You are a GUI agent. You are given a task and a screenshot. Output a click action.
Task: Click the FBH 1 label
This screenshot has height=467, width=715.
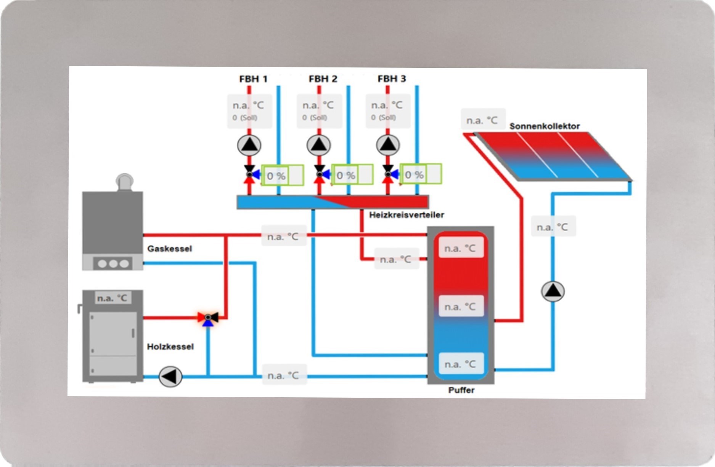253,79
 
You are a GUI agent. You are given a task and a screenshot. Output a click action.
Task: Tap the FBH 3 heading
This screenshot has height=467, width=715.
392,79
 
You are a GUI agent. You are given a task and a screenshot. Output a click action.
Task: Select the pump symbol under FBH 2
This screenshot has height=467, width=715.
319,145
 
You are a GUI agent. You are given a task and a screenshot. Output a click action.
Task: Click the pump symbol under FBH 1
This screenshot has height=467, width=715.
249,145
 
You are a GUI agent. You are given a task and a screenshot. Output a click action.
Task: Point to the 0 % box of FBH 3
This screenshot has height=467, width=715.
414,175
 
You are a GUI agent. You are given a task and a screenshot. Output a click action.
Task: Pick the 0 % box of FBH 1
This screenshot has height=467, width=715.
276,176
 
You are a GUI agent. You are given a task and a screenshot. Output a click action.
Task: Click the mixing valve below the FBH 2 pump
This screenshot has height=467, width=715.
320,174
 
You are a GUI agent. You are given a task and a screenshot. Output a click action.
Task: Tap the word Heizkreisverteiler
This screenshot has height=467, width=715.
407,215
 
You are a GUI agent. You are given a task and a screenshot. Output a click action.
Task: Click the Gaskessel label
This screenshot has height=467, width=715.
170,249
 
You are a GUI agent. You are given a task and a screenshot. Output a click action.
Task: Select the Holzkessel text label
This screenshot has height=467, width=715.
170,347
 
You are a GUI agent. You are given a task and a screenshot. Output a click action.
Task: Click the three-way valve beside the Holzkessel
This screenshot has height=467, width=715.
208,317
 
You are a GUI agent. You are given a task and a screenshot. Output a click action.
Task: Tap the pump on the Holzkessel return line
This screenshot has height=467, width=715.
170,376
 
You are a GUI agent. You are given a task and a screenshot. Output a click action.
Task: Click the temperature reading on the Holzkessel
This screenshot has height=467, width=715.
112,298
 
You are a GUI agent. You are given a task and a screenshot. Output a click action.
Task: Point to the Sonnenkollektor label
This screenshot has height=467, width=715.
545,126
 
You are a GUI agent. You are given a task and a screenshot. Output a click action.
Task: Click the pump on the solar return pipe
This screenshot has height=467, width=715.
553,291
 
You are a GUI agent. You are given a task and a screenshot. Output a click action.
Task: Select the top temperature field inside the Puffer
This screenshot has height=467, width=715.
460,248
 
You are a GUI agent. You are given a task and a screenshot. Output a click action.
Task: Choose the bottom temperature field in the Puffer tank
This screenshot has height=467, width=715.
460,364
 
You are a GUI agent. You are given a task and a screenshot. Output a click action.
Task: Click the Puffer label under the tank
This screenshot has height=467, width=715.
461,390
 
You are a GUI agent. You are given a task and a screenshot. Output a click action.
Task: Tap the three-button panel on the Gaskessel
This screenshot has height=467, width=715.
113,263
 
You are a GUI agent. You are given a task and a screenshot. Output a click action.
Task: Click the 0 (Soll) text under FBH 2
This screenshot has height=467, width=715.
315,118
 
